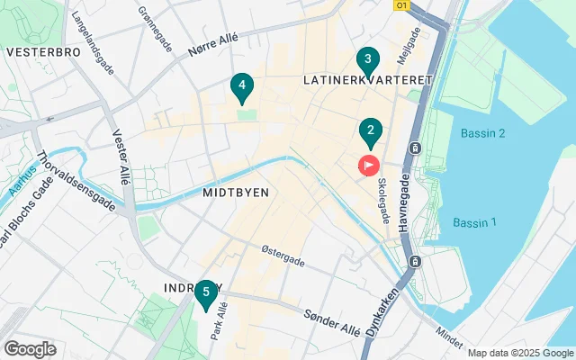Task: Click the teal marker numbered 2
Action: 369,132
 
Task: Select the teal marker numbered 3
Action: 366,61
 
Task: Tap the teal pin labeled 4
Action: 240,86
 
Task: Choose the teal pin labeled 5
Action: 206,291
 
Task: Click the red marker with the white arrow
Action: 369,166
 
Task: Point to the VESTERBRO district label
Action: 43,52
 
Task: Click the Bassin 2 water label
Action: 482,133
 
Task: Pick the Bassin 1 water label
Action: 474,223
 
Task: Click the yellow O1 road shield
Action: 402,4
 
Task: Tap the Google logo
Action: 30,349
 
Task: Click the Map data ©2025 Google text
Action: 519,353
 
